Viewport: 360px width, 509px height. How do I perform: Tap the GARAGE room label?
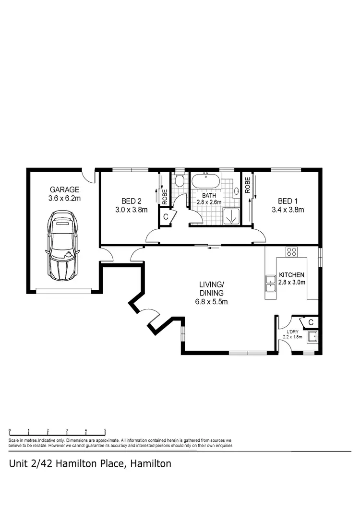coord(64,189)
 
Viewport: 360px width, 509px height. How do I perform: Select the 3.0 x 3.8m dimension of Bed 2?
coord(130,209)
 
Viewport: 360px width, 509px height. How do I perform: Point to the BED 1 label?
coord(288,201)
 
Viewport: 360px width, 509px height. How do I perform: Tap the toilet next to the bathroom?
coord(179,182)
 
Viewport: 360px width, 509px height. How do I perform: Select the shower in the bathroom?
coord(231,216)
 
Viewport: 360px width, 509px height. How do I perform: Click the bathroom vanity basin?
coord(237,191)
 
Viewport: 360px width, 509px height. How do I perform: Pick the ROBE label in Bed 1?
coord(248,186)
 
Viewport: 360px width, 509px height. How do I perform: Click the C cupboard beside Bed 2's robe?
coord(166,216)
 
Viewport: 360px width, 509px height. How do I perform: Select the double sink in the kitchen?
coord(269,284)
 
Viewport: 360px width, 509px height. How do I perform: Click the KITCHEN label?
coord(292,275)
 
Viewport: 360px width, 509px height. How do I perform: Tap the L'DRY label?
coord(293,331)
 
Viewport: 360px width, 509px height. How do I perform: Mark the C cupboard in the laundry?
coord(311,322)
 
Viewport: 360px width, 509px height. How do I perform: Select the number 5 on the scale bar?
coord(105,431)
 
